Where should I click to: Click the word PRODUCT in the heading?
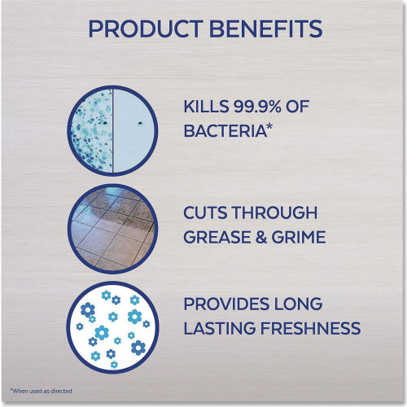point(145,28)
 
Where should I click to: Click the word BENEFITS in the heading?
point(266,28)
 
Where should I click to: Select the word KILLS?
point(206,106)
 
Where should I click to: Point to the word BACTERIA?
point(225,130)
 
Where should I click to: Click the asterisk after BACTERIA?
point(269,127)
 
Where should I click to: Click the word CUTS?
point(205,212)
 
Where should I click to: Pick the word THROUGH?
point(275,212)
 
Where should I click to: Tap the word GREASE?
point(220,237)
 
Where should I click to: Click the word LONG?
point(298,304)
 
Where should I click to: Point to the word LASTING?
point(219,328)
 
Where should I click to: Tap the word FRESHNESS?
point(310,328)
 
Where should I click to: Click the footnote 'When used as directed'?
point(41,391)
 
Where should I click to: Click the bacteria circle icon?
point(112,130)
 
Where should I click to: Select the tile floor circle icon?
point(112,229)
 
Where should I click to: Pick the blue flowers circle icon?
point(112,327)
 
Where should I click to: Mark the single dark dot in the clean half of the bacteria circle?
point(140,123)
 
